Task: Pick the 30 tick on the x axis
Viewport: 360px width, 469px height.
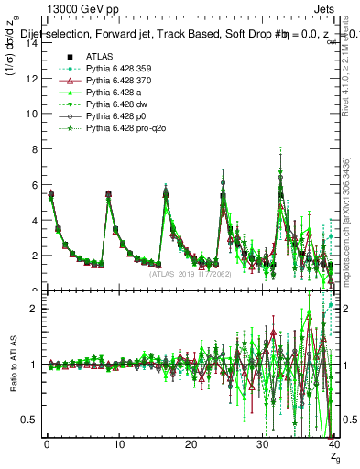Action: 262,446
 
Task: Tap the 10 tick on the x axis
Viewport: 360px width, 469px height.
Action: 118,446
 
